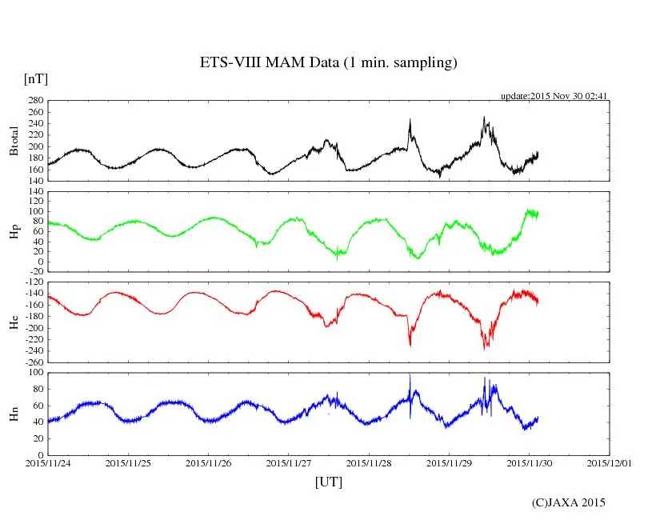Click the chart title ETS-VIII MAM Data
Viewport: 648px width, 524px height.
pos(328,63)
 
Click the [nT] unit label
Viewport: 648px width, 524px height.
pos(35,79)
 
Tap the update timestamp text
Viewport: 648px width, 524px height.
pos(554,96)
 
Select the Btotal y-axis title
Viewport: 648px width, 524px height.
pos(14,141)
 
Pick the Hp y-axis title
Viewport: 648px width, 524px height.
pos(14,231)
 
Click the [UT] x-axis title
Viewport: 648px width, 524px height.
pos(328,482)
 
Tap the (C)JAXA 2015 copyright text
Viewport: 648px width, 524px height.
pos(568,502)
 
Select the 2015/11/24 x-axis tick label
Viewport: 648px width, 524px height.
pos(48,463)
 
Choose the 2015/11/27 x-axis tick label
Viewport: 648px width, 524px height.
pos(289,463)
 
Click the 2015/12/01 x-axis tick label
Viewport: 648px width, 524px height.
pos(610,463)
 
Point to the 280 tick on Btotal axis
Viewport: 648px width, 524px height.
pos(34,101)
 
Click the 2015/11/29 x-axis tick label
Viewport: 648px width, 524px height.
pos(450,463)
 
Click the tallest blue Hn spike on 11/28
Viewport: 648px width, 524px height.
pos(410,375)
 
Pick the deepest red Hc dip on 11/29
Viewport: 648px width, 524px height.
pos(485,348)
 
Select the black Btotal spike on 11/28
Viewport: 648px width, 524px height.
pos(410,121)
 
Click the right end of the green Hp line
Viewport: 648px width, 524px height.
pos(538,214)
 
